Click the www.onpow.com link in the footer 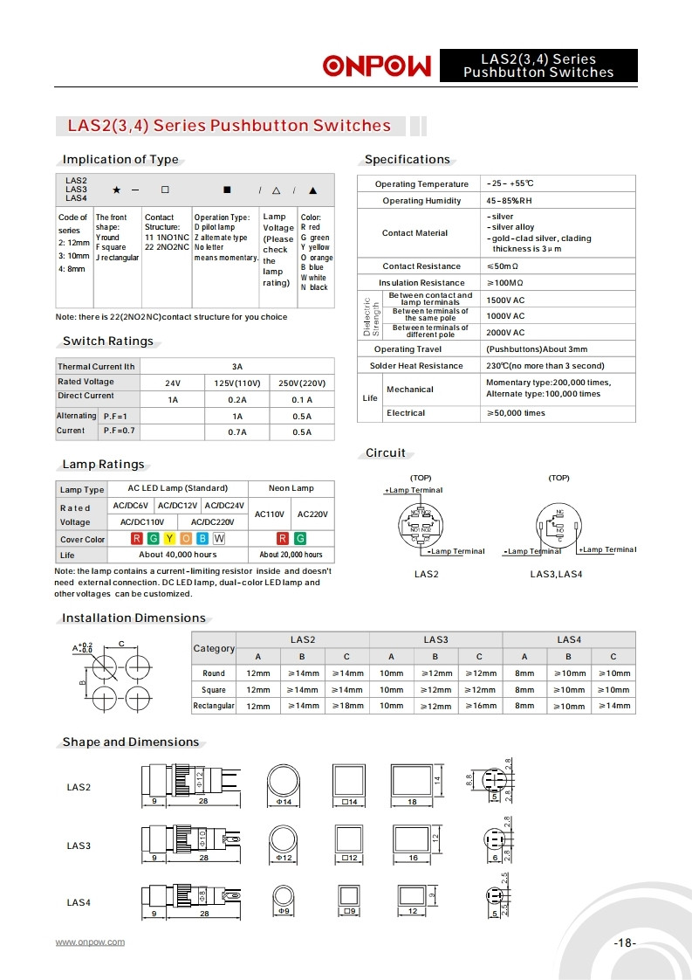click(x=90, y=942)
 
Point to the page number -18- click(x=625, y=943)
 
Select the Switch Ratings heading click(x=108, y=342)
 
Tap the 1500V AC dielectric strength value click(x=505, y=300)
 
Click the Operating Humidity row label click(x=421, y=201)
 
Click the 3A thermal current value click(x=237, y=367)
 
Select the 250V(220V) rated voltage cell click(x=302, y=383)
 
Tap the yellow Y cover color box click(x=169, y=539)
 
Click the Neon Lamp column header click(x=291, y=488)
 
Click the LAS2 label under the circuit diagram click(x=426, y=574)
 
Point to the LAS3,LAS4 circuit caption click(x=556, y=574)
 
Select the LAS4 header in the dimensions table click(x=569, y=640)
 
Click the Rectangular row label click(x=214, y=706)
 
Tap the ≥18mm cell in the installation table click(x=346, y=706)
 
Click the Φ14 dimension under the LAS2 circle click(x=284, y=803)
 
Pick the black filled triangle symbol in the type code click(x=313, y=190)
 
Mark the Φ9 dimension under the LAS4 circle click(x=284, y=911)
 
